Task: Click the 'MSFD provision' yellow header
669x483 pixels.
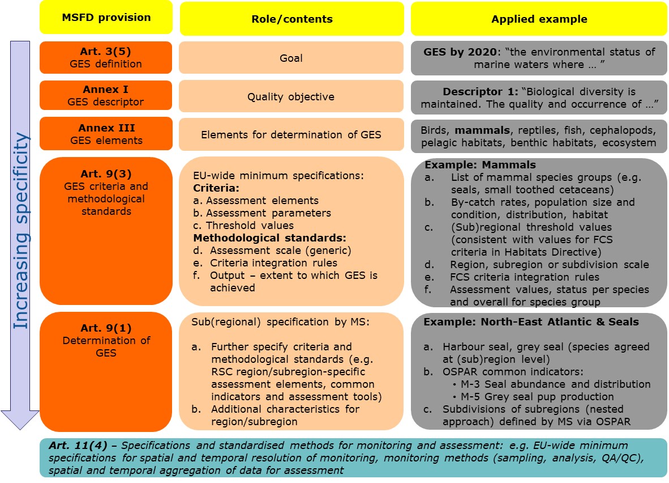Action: (106, 17)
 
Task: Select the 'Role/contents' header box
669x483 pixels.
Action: (291, 19)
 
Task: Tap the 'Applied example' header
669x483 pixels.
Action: (539, 19)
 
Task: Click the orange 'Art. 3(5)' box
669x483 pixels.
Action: (106, 57)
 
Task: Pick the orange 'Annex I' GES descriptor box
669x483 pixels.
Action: (106, 96)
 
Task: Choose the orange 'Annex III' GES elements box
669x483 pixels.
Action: (106, 134)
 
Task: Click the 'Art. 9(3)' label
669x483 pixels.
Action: (106, 173)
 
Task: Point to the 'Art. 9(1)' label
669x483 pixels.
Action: (106, 328)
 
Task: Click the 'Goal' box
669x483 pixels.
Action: (291, 58)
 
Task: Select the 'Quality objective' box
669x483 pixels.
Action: (291, 96)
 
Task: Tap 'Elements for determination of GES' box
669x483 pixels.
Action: (291, 134)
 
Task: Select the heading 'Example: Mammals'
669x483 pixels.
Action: (480, 166)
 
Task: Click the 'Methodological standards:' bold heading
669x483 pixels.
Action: (269, 238)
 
